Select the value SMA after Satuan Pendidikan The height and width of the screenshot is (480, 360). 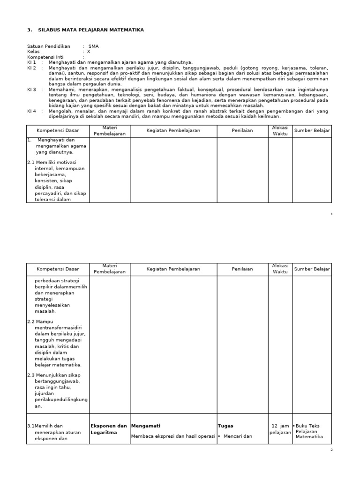tap(93, 46)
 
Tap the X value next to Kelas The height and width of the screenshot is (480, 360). tap(88, 52)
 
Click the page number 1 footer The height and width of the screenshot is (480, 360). tap(331, 214)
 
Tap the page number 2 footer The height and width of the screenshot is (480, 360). tap(331, 450)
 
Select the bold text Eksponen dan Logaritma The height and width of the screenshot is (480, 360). tap(108, 429)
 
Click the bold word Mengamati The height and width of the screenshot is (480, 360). tap(146, 426)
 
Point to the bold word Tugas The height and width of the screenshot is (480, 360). tap(225, 426)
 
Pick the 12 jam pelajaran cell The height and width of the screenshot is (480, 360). tap(280, 429)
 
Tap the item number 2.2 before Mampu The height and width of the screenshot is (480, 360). tap(31, 322)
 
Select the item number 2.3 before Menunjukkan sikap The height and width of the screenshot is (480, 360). tap(31, 375)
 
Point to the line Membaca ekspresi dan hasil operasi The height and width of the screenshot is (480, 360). tap(173, 436)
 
